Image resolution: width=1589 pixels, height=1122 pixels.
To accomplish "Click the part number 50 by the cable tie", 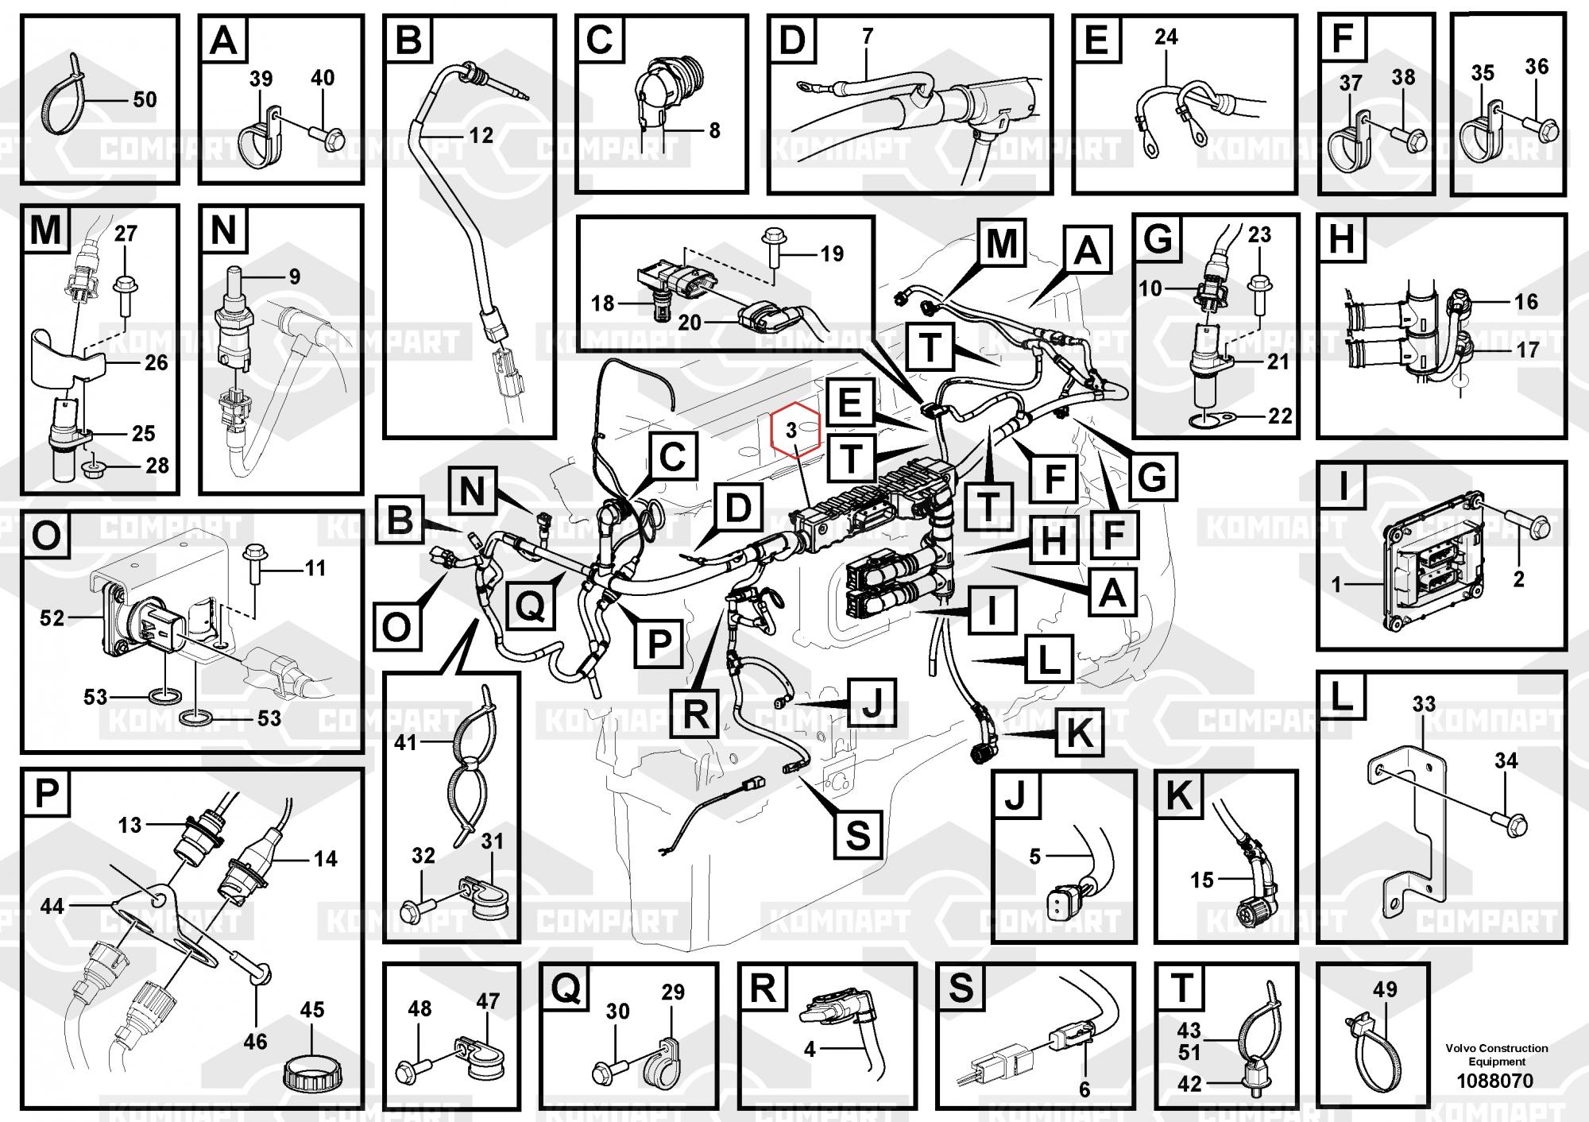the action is (145, 100).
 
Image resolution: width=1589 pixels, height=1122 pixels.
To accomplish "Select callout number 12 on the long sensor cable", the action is (481, 135).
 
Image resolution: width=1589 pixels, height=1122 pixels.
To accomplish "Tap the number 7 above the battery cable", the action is (868, 36).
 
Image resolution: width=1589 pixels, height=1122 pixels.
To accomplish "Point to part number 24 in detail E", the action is (1166, 37).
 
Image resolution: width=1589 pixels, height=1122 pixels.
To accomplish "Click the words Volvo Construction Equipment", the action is (1497, 1054).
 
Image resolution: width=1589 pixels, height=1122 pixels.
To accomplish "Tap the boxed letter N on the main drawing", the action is (472, 491).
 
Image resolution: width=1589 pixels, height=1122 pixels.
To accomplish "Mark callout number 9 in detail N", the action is (294, 277).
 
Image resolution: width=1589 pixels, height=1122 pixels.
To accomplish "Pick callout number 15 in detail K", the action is (1201, 880).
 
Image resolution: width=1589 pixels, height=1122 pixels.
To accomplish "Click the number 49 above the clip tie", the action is (1385, 989).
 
